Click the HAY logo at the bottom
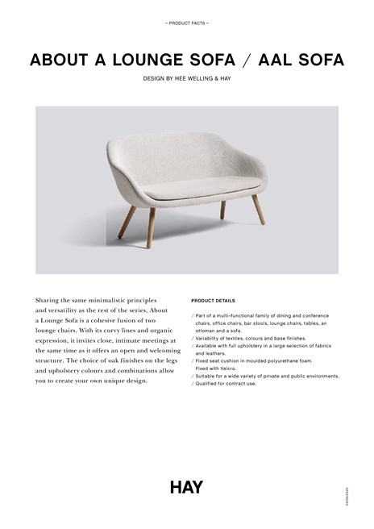pyautogui.click(x=186, y=486)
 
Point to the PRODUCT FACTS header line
pyautogui.click(x=186, y=23)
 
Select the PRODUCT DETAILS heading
pyautogui.click(x=214, y=300)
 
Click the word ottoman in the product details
pyautogui.click(x=206, y=331)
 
